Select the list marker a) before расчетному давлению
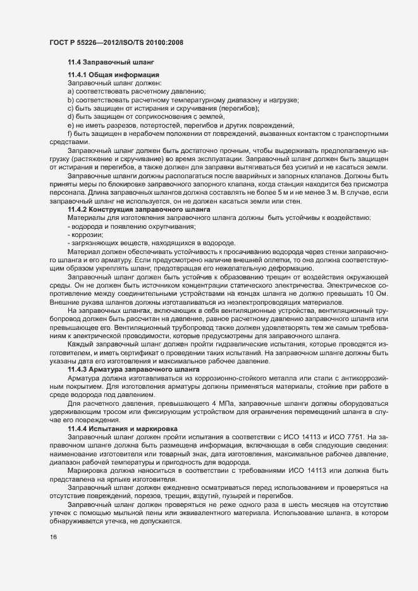pyautogui.click(x=71, y=92)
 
